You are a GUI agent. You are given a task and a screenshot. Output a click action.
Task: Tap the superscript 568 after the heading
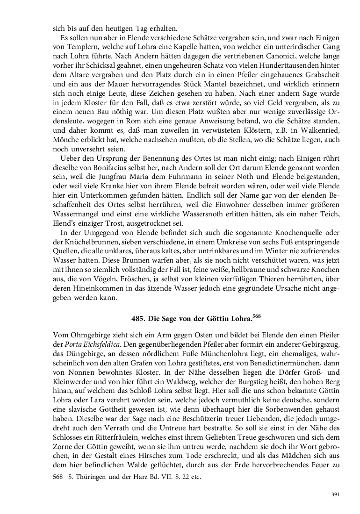coord(256,316)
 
